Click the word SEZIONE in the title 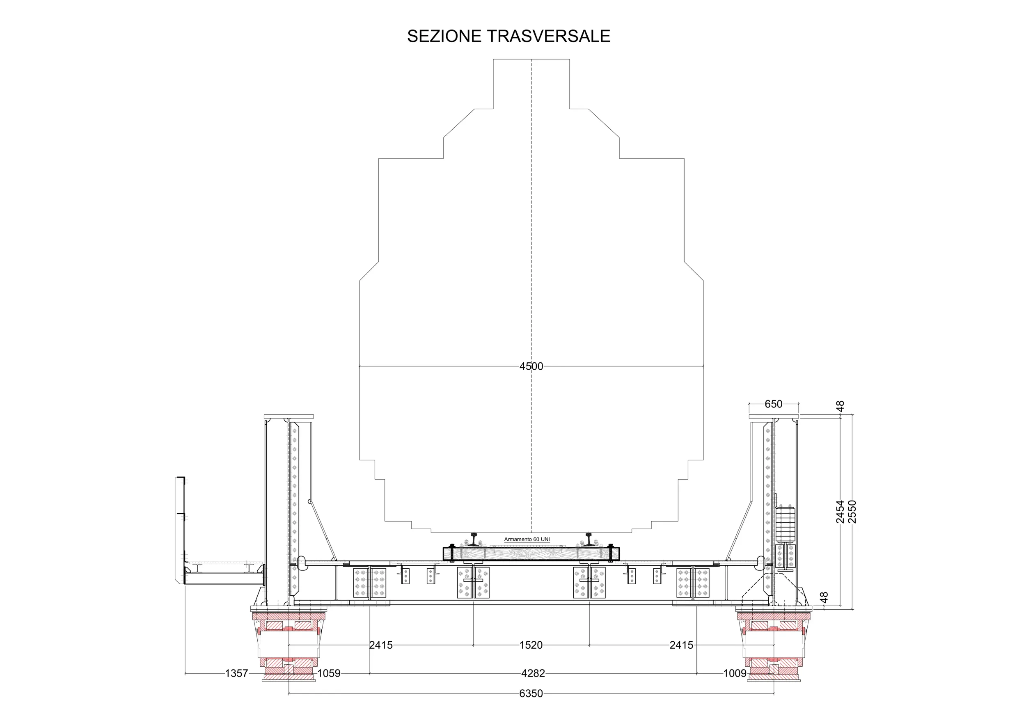pos(444,36)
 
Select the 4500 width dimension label pos(531,366)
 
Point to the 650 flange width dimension pos(774,404)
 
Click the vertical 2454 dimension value pos(840,512)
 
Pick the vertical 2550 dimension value pos(852,512)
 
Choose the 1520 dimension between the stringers pos(531,645)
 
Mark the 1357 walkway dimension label pos(236,673)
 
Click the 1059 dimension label pos(329,673)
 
